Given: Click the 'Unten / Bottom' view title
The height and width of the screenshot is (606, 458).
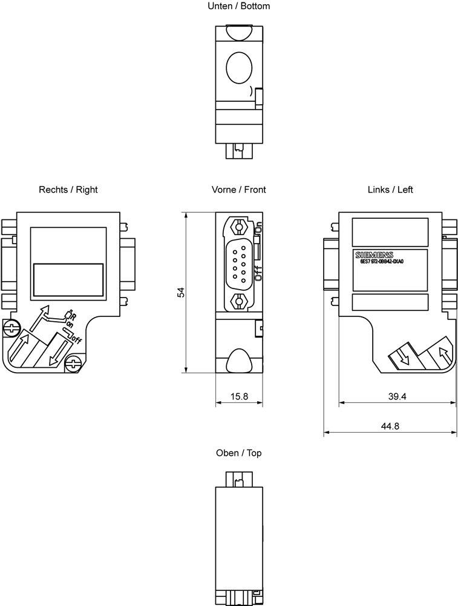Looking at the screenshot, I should [x=238, y=6].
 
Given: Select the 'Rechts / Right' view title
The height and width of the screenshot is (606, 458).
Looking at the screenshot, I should [x=68, y=190].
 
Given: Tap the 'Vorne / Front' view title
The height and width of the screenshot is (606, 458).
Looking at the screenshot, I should [x=238, y=190].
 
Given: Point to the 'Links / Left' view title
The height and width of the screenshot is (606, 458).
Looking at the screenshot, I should [x=390, y=190].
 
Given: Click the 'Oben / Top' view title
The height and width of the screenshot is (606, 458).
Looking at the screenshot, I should [x=238, y=453].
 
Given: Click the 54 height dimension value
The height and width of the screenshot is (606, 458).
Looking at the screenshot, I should [x=180, y=292].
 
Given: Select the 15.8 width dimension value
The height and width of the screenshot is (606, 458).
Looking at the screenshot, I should [x=240, y=396].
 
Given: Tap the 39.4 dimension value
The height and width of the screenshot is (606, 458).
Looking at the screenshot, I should [x=396, y=396].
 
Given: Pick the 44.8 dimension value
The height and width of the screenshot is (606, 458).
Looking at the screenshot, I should [x=390, y=426].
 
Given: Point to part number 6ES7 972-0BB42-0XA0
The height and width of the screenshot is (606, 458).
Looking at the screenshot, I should [x=381, y=261].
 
